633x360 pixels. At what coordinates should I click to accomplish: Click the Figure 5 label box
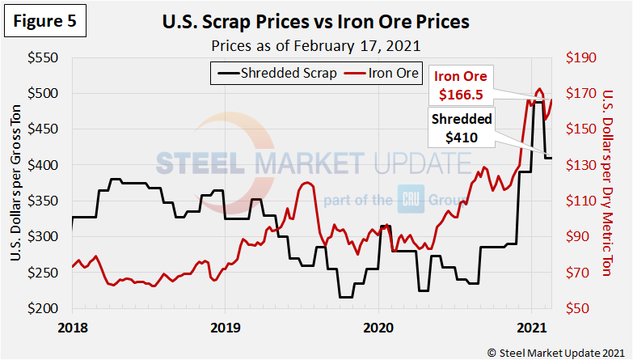pos(45,21)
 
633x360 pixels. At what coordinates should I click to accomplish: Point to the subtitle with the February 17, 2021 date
pos(316,44)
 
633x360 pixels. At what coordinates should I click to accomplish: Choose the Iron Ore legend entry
pos(380,74)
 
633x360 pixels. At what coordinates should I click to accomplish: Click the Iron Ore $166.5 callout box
pos(461,86)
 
